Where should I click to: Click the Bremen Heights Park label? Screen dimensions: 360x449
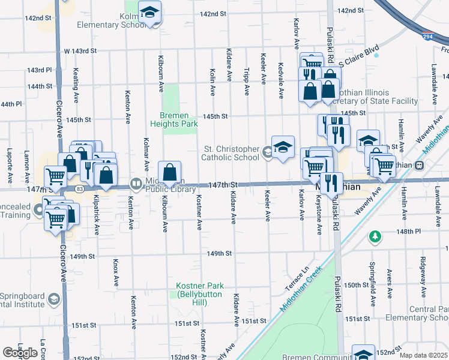178,119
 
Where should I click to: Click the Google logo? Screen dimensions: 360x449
20,353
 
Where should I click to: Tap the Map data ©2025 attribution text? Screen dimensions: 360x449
424,355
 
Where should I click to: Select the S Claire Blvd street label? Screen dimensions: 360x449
360,62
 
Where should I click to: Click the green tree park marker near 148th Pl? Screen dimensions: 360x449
375,237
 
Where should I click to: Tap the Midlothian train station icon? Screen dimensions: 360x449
420,164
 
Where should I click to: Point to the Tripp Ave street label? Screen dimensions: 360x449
247,81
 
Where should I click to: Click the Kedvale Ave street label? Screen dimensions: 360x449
280,80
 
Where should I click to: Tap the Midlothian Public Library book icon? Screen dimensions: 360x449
136,183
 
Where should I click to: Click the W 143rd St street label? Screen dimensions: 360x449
80,50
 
